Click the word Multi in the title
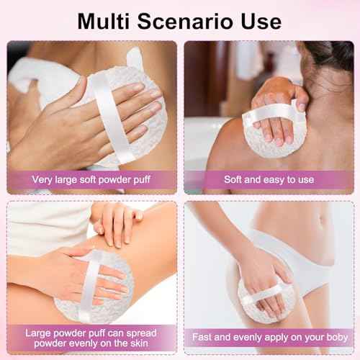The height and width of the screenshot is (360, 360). click(104, 21)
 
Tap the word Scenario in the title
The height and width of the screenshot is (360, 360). click(185, 21)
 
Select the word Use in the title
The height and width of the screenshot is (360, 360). click(261, 21)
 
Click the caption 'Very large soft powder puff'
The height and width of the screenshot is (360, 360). click(91, 180)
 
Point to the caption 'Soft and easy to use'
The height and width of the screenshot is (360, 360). click(269, 179)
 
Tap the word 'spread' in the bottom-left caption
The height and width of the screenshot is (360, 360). click(141, 333)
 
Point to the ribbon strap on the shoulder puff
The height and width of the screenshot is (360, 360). click(271, 112)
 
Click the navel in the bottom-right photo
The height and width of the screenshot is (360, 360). click(320, 219)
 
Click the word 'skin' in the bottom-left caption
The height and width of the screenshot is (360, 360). click(139, 343)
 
